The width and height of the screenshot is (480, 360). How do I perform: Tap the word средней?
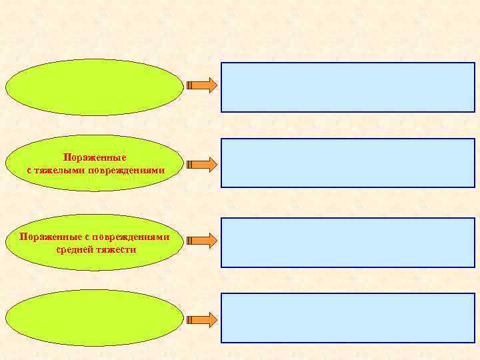[x=77, y=249]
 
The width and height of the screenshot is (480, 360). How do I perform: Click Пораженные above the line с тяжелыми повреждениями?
[x=95, y=158]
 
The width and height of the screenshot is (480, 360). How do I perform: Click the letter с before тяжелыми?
[x=30, y=171]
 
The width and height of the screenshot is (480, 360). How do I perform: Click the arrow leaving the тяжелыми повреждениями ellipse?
[x=201, y=163]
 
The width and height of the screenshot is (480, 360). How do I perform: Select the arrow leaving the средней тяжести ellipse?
[x=201, y=240]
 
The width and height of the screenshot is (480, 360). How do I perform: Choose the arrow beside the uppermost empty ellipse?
[x=201, y=85]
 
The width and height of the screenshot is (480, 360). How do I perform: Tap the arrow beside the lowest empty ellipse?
[x=201, y=319]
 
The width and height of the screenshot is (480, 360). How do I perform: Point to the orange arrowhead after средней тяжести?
[x=211, y=240]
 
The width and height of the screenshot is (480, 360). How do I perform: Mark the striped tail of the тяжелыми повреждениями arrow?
[x=191, y=163]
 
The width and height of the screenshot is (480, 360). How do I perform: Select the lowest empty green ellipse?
[x=95, y=317]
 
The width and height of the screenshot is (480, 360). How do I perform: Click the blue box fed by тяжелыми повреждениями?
[x=347, y=163]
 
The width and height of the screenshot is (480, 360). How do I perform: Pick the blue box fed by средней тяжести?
[x=347, y=242]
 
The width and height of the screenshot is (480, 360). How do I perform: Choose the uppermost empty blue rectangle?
[x=347, y=87]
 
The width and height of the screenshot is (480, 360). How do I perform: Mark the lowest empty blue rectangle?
[x=347, y=318]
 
